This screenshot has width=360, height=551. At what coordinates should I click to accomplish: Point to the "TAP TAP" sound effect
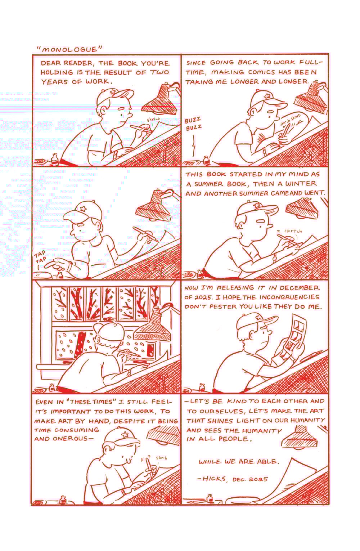[40, 256]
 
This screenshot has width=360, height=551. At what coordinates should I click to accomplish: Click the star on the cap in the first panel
[113, 92]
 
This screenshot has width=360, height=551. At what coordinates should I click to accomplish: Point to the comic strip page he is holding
[294, 336]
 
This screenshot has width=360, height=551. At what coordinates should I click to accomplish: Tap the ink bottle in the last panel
[210, 498]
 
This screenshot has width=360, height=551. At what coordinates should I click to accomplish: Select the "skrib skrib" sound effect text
[291, 120]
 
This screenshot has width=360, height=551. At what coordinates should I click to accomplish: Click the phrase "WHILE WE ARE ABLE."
[239, 461]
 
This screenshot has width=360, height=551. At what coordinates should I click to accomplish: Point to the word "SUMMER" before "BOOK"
[208, 184]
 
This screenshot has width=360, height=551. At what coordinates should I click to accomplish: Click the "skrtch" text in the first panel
[154, 120]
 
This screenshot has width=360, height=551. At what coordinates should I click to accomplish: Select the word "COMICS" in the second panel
[261, 72]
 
